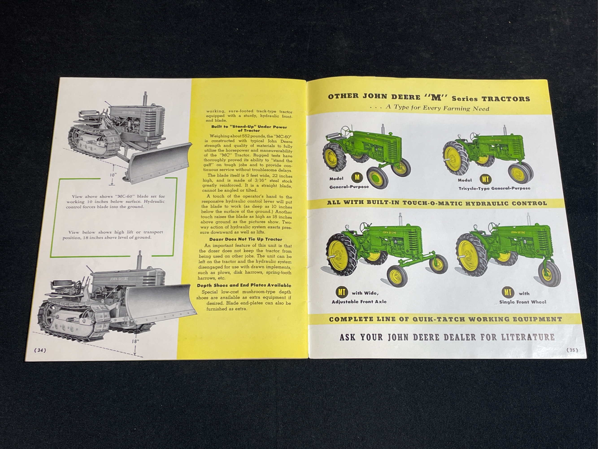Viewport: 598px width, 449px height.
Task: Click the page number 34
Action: point(41,350)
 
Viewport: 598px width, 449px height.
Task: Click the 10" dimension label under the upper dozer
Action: point(113,175)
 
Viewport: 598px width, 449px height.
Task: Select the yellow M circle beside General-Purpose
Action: point(357,178)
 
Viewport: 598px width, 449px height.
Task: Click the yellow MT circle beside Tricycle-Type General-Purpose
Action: point(485,179)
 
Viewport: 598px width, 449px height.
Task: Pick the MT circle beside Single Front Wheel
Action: point(508,293)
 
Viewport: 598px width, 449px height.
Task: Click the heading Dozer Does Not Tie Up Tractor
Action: point(246,239)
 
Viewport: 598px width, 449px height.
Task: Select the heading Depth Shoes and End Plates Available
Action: point(244,285)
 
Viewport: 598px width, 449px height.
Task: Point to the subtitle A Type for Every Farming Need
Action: point(429,108)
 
